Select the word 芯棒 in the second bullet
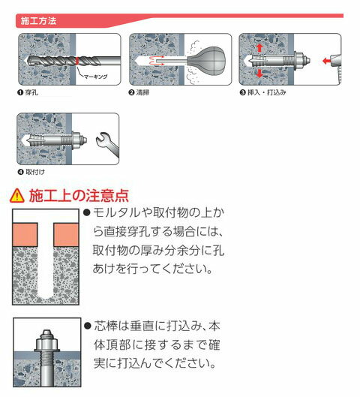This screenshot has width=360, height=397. pos(106,329)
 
